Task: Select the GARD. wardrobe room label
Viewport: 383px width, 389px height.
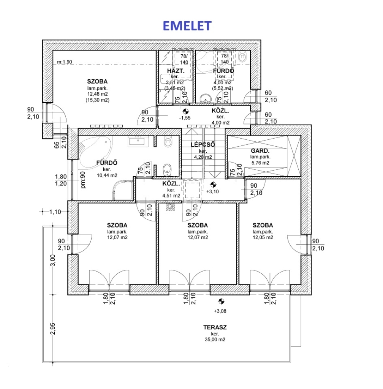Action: [259, 150]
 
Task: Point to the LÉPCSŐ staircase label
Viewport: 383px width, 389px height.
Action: [203, 144]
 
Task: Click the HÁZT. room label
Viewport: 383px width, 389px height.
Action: [176, 71]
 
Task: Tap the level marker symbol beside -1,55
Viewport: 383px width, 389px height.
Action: [185, 111]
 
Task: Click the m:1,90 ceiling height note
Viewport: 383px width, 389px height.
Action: [64, 62]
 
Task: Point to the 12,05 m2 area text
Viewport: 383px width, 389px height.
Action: [263, 237]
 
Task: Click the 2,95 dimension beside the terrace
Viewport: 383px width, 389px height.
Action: [53, 329]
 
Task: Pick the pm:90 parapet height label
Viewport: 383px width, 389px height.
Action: [83, 179]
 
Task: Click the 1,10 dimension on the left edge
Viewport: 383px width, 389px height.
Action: [55, 212]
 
